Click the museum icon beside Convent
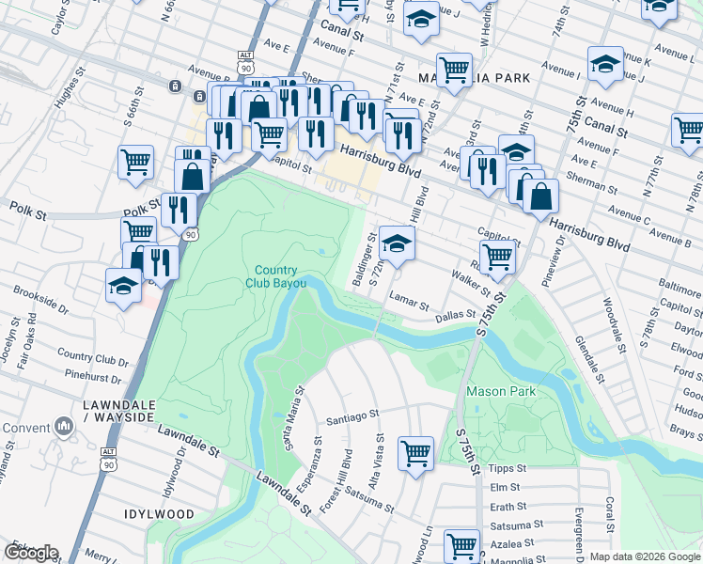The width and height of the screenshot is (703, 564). coord(65,428)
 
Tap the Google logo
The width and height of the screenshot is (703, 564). coord(30,553)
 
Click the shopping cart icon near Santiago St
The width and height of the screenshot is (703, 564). coord(415,452)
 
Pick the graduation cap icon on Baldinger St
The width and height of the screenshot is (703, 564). coord(397,243)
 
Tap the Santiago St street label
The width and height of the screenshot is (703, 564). coord(351,414)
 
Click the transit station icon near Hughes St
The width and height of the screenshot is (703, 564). coord(175,86)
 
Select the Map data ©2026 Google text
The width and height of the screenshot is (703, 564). coord(645,556)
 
